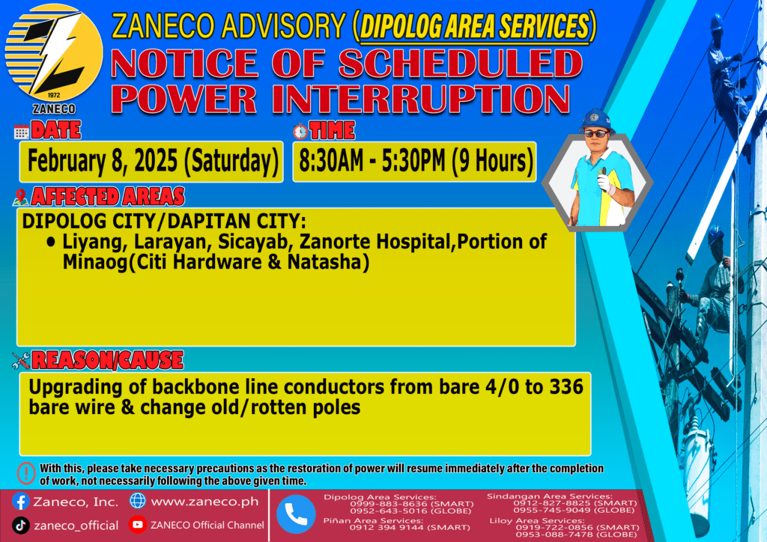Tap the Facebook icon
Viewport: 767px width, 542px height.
point(20,502)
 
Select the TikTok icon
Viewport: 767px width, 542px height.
point(20,526)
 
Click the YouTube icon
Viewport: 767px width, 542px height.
point(138,525)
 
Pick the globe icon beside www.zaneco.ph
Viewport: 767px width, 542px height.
point(138,501)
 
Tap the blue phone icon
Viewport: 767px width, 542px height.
point(296,514)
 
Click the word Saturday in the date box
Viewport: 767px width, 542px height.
point(231,161)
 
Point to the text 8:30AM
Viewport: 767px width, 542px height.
point(331,160)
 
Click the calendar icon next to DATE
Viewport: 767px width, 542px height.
point(22,132)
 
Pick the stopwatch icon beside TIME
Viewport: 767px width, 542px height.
point(300,131)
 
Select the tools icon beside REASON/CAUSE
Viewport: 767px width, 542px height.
point(21,361)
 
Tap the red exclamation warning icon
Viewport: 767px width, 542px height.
point(26,473)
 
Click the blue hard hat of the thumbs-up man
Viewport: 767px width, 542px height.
point(595,121)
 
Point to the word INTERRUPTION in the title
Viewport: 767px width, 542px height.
point(422,100)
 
